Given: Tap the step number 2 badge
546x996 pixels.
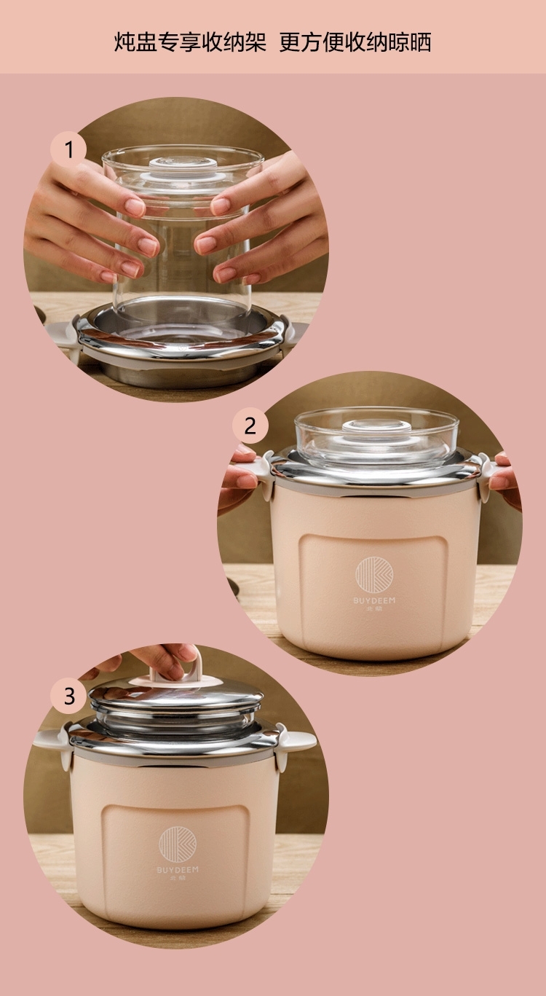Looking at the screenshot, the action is (x=250, y=426).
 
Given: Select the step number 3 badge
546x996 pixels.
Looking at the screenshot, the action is (x=69, y=696).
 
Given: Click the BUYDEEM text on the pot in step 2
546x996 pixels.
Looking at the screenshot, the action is (x=374, y=600).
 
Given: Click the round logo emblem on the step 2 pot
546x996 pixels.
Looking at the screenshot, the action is (x=374, y=575).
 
